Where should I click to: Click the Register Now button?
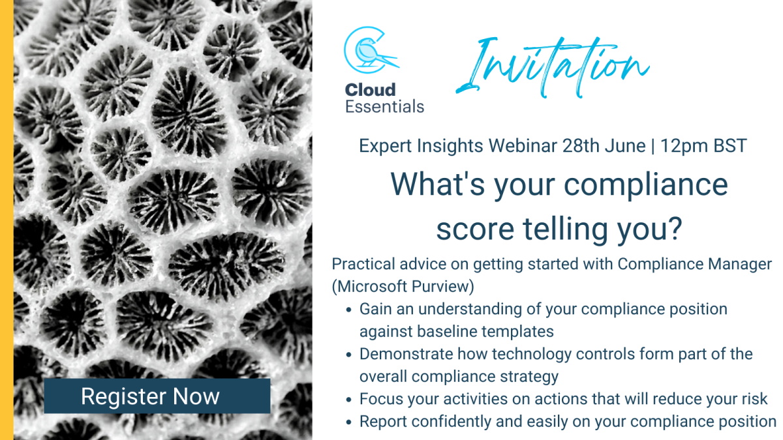(157, 396)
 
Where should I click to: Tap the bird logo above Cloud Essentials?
(371, 50)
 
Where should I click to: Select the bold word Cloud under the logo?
(370, 90)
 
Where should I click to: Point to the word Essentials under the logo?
(384, 106)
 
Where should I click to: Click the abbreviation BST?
(730, 145)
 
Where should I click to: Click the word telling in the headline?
(566, 229)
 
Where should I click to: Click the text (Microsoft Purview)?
(403, 286)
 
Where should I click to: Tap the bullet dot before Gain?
(348, 310)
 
